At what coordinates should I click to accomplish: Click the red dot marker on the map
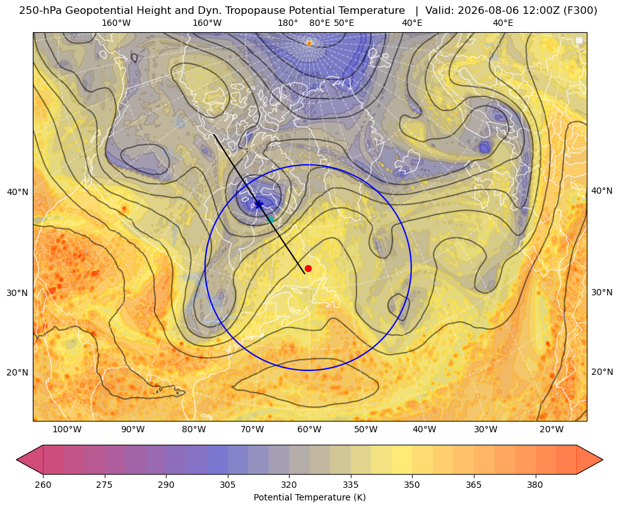[308, 268]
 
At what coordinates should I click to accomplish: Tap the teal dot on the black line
[270, 220]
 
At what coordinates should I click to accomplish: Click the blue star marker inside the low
[259, 204]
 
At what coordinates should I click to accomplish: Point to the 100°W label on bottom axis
[67, 429]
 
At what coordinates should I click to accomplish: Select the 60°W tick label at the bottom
[309, 429]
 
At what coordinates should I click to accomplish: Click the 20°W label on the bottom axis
[551, 429]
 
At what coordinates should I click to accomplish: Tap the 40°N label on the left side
[18, 192]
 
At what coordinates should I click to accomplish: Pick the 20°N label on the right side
[602, 372]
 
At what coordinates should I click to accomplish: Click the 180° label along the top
[288, 23]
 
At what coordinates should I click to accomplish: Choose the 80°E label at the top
[319, 23]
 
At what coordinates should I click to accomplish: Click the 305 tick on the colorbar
[227, 485]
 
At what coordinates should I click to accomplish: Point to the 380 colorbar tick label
[535, 485]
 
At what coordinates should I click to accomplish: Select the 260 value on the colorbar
[43, 485]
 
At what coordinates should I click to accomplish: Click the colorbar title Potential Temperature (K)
[309, 497]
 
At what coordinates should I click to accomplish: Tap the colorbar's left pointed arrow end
[17, 459]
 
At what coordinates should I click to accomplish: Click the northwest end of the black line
[214, 135]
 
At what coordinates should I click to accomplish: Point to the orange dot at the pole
[309, 43]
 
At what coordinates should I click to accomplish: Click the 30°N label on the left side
[18, 293]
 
